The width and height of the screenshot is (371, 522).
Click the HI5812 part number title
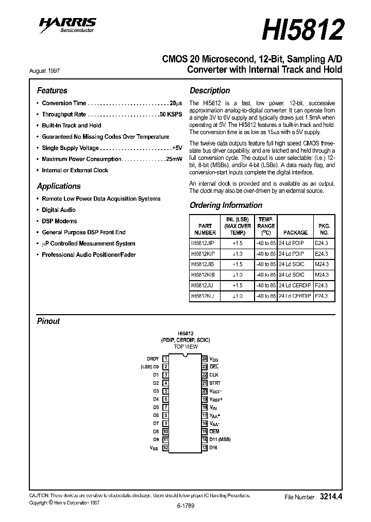click(x=302, y=30)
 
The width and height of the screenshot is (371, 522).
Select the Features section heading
click(x=52, y=90)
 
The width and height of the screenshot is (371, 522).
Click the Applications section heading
click(x=58, y=186)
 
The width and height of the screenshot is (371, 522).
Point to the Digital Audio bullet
click(x=58, y=210)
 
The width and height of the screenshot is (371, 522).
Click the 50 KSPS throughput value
click(x=171, y=115)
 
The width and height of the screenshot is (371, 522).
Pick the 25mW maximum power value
click(x=174, y=159)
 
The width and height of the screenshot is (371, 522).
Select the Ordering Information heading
click(x=226, y=205)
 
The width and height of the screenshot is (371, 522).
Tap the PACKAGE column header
click(x=296, y=233)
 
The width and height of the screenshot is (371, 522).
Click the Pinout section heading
click(x=48, y=321)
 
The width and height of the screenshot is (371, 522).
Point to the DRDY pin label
click(x=153, y=358)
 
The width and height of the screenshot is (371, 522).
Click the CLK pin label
click(x=214, y=374)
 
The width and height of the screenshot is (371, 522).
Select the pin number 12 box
click(x=165, y=448)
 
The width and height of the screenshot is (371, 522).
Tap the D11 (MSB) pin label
click(x=220, y=439)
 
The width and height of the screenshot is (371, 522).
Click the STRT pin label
click(x=215, y=383)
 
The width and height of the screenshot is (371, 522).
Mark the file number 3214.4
click(x=331, y=497)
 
